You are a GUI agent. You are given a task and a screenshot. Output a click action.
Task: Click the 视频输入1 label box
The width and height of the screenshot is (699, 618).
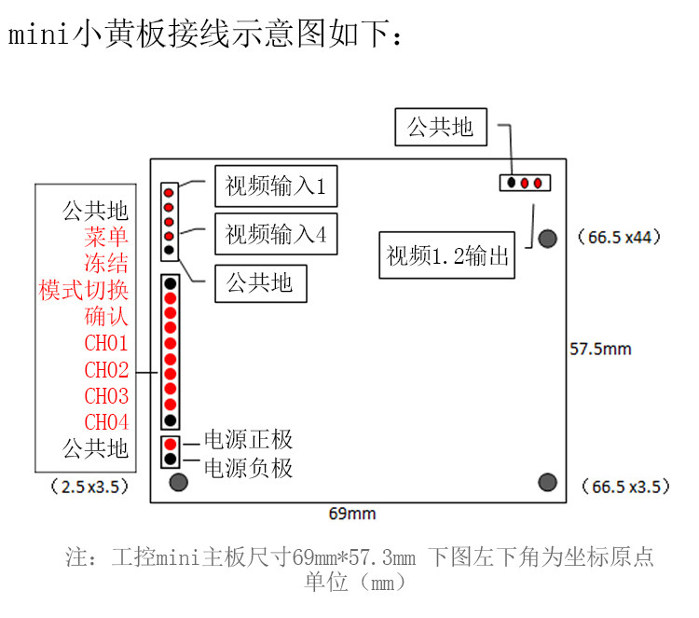(x=275, y=187)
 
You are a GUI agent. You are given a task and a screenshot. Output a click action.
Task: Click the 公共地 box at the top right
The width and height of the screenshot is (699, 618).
(x=441, y=128)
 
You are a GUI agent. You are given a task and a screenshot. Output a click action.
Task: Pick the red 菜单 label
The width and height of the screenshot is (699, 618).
(x=106, y=237)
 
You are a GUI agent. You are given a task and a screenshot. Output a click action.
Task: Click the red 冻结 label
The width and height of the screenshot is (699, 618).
(x=106, y=263)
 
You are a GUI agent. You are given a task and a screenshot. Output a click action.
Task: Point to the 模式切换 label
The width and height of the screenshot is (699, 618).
(x=84, y=290)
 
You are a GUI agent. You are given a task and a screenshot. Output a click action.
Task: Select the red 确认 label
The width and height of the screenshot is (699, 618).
(x=106, y=316)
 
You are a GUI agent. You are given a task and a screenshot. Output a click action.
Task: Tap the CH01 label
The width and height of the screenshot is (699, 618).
(x=106, y=343)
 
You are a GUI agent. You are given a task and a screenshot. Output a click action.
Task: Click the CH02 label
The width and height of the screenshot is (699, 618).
(x=106, y=370)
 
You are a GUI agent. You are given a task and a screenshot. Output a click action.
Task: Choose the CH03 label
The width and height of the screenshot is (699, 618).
(x=106, y=396)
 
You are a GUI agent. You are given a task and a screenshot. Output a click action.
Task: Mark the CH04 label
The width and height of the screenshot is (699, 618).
(x=106, y=422)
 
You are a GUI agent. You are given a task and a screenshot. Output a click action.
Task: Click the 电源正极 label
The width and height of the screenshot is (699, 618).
(x=248, y=441)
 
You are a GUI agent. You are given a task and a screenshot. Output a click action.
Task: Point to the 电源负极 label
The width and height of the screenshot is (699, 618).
(x=248, y=467)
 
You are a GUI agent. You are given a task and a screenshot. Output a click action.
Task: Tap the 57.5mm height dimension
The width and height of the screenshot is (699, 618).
(x=600, y=350)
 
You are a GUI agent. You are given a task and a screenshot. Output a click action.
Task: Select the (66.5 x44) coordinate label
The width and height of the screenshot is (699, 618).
(x=619, y=238)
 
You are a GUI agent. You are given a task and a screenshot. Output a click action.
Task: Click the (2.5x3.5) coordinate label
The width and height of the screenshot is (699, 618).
(x=89, y=486)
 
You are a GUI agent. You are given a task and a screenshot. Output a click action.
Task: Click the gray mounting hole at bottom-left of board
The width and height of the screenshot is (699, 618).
(x=178, y=482)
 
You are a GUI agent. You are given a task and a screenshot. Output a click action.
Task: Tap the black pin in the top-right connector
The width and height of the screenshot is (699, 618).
(x=513, y=183)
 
